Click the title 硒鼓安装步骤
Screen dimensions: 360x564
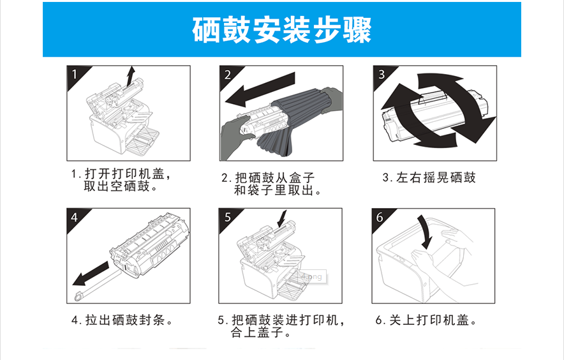coord(281,30)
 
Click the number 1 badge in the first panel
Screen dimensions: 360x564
coord(74,73)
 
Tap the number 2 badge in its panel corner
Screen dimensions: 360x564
coord(227,73)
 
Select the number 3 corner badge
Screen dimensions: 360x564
coord(382,73)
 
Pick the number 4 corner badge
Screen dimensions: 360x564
coord(74,217)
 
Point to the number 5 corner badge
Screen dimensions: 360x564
coord(228,217)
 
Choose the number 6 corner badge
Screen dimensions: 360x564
coord(380,217)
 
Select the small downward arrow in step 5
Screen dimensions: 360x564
coord(281,219)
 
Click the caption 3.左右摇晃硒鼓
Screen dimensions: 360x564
coord(429,177)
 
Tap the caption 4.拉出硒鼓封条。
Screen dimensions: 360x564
coord(122,320)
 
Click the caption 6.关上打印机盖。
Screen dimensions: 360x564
coord(426,320)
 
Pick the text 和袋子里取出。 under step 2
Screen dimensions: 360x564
coord(278,190)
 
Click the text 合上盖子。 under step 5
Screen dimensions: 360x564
coord(261,332)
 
